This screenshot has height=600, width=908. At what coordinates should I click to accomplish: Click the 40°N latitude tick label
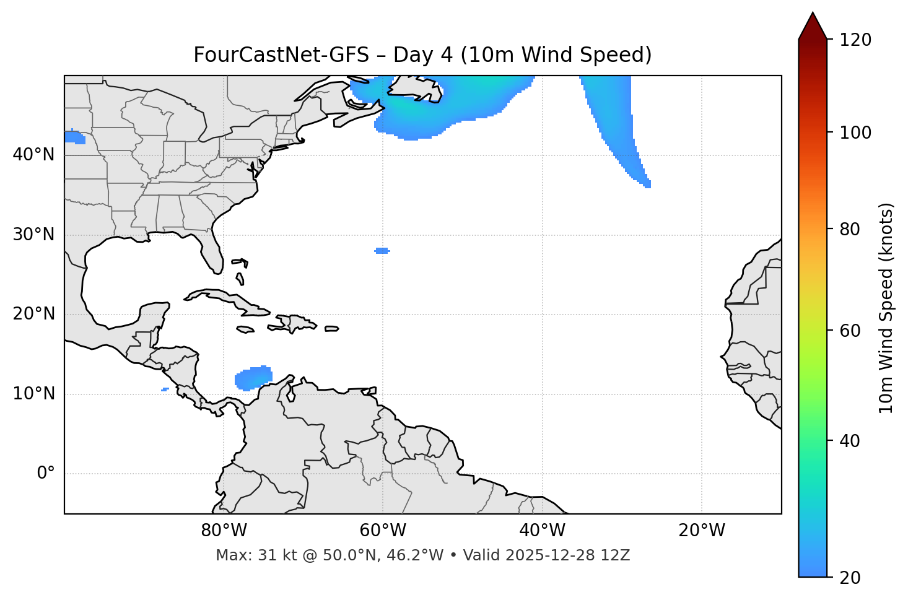point(33,154)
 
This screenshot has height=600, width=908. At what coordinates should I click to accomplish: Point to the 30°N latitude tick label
point(33,235)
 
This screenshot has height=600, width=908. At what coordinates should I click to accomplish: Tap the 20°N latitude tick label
point(33,314)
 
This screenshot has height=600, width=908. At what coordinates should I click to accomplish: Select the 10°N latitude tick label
point(33,394)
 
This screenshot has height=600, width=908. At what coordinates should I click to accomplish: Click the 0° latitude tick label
point(45,474)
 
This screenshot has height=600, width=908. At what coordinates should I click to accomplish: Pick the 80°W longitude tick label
point(224,531)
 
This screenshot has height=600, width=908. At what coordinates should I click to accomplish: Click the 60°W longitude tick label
point(383,531)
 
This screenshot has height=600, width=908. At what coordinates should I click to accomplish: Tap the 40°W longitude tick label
point(542,531)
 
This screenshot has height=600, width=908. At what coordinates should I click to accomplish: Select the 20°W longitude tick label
point(702,531)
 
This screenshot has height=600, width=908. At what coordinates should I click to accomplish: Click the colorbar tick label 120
point(855,40)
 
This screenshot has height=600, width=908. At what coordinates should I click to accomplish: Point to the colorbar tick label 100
point(855,133)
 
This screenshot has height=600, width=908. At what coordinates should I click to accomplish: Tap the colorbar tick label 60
point(850,331)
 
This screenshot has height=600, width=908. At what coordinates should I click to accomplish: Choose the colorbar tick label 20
point(850,578)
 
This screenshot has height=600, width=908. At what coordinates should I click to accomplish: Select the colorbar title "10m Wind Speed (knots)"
point(886,308)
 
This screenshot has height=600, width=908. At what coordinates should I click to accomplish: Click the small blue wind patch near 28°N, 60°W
point(382,251)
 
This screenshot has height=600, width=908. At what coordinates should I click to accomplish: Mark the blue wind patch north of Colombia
point(254,377)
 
